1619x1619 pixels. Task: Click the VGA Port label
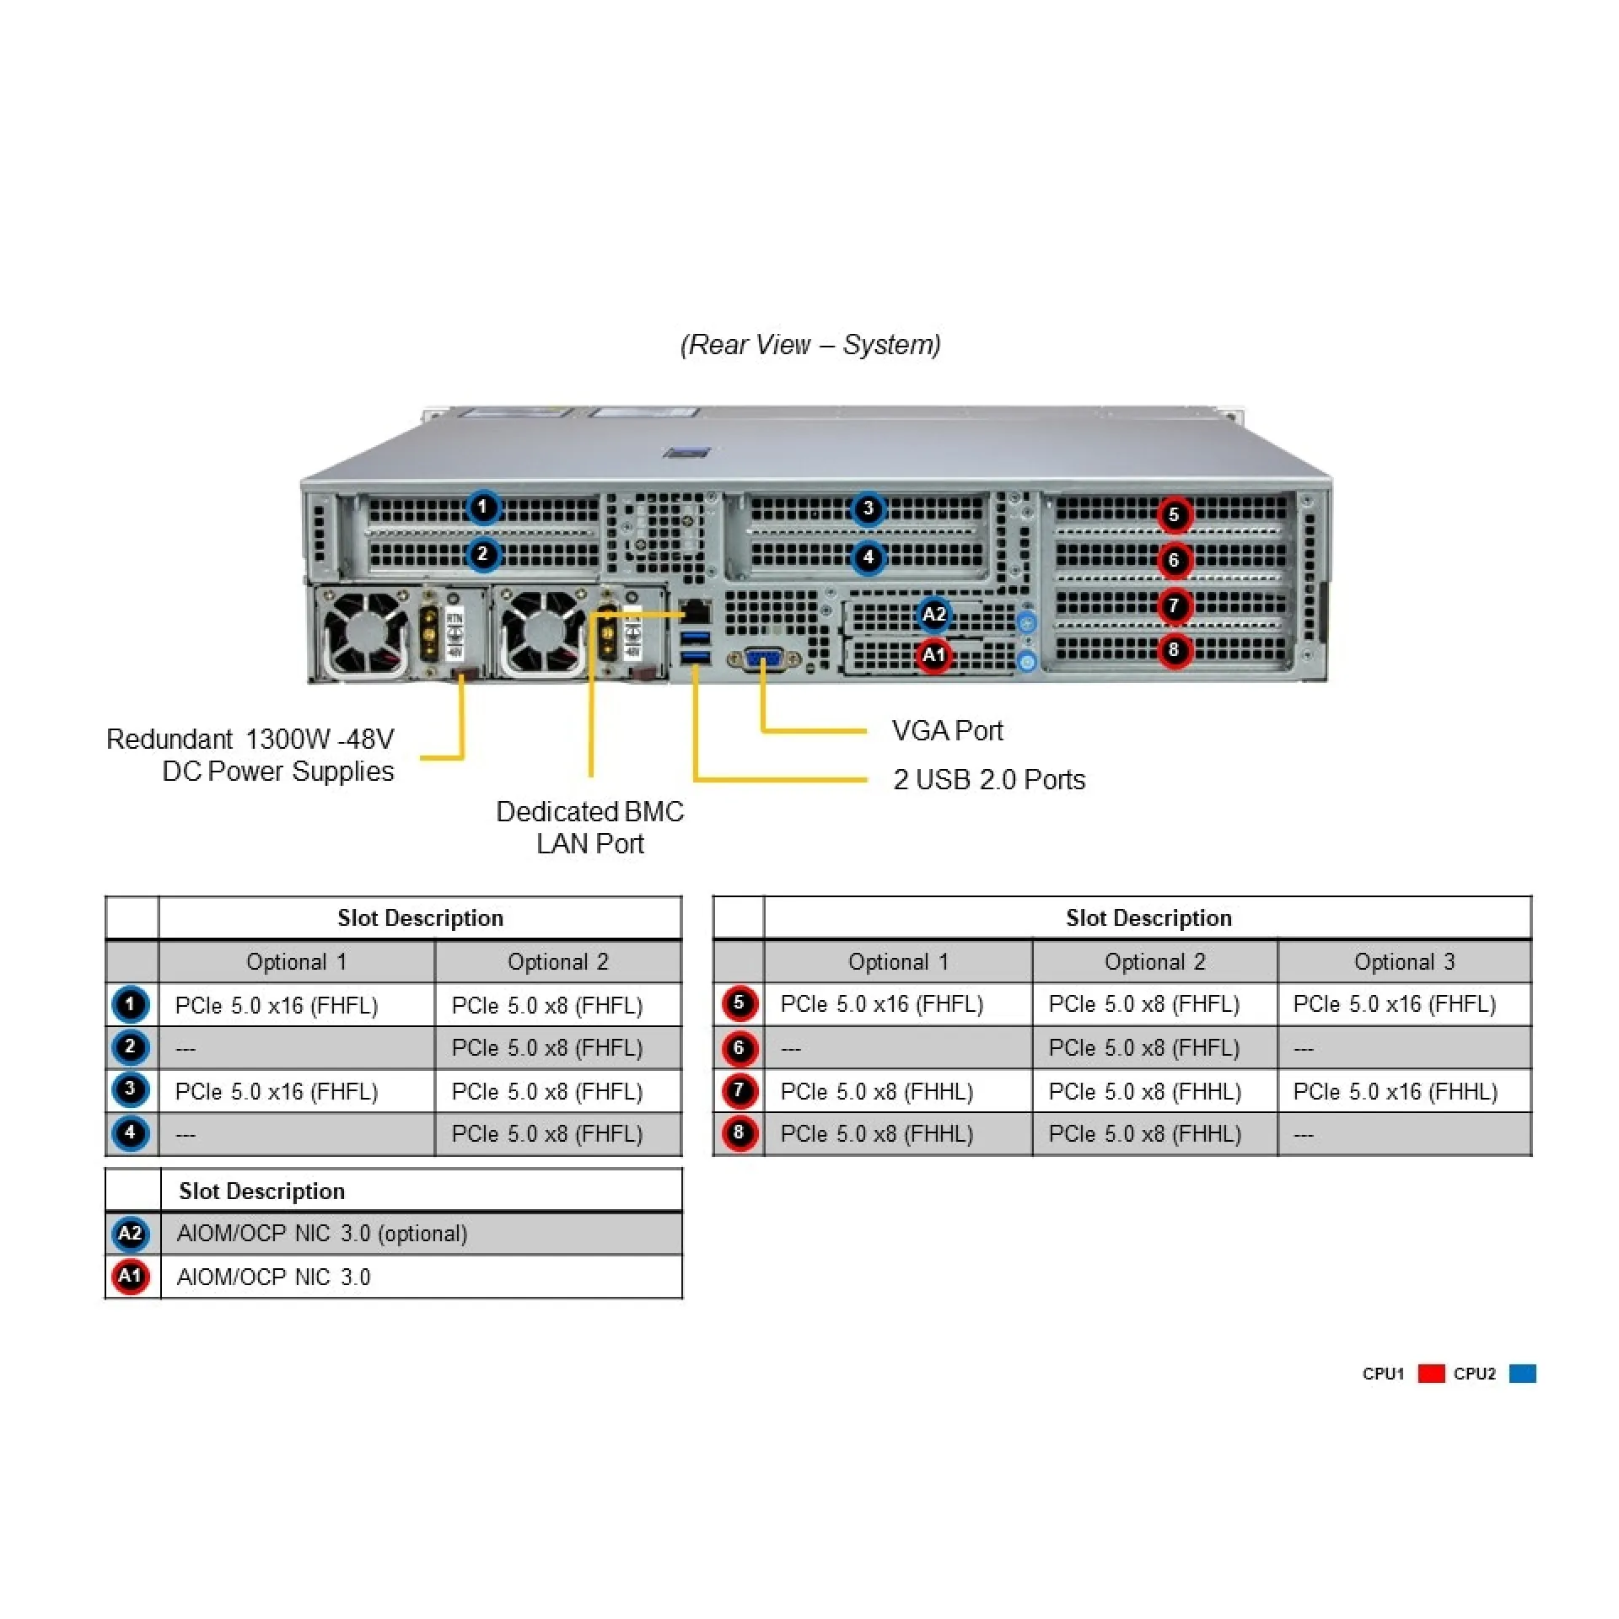pos(947,730)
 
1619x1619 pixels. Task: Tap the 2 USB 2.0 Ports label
pos(988,779)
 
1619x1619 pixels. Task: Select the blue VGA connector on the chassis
pos(763,659)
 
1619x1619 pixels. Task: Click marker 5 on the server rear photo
pos(1174,514)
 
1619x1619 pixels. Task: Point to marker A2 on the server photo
pos(933,614)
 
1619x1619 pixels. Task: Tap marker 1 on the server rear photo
pos(482,507)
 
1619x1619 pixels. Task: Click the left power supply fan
pos(366,632)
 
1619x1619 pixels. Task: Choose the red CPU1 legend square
pos(1431,1374)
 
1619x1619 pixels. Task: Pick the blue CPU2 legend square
pos(1522,1374)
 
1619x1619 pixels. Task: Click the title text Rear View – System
pos(809,344)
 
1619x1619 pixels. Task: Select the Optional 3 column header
pos(1404,961)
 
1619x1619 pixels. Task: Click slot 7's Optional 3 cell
pos(1395,1091)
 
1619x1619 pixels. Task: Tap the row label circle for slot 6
pos(739,1048)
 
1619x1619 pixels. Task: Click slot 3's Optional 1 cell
pos(277,1091)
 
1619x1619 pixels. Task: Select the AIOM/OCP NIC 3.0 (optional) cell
pos(322,1234)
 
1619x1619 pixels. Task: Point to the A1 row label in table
pos(130,1277)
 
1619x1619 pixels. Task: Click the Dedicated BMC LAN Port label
pos(589,827)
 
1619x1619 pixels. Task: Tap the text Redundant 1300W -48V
pos(250,740)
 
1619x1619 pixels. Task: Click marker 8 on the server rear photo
pos(1174,650)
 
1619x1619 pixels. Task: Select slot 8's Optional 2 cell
pos(1144,1134)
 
